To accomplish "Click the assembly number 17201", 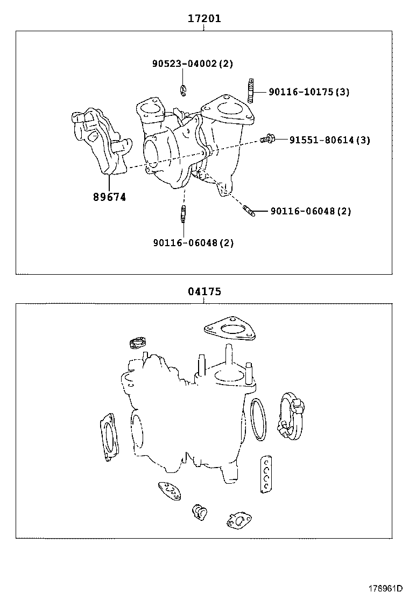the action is pos(204,18).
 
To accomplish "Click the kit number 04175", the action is pos(204,291).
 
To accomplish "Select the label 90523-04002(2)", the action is pos(193,64).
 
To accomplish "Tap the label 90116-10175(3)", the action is pos(309,92).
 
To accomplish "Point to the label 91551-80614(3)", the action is pos(330,140).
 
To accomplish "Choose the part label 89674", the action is pos(109,197).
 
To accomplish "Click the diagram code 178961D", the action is pos(385,588).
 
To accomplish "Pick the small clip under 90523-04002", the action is pos(184,89).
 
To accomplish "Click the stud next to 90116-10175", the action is pos(251,90).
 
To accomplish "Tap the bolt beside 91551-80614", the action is pos(267,139).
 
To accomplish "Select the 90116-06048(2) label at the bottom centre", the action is pos(193,243).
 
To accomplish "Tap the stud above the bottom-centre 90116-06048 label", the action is pos(184,213).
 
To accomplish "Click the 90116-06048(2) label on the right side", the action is pos(311,211).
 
